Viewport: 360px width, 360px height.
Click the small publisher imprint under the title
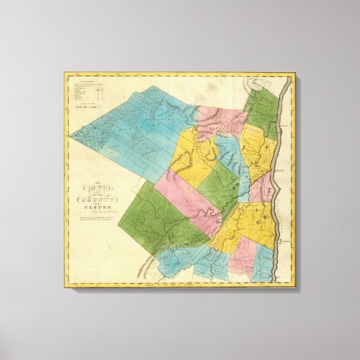click(x=95, y=226)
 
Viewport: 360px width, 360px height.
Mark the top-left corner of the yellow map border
click(x=65, y=73)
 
